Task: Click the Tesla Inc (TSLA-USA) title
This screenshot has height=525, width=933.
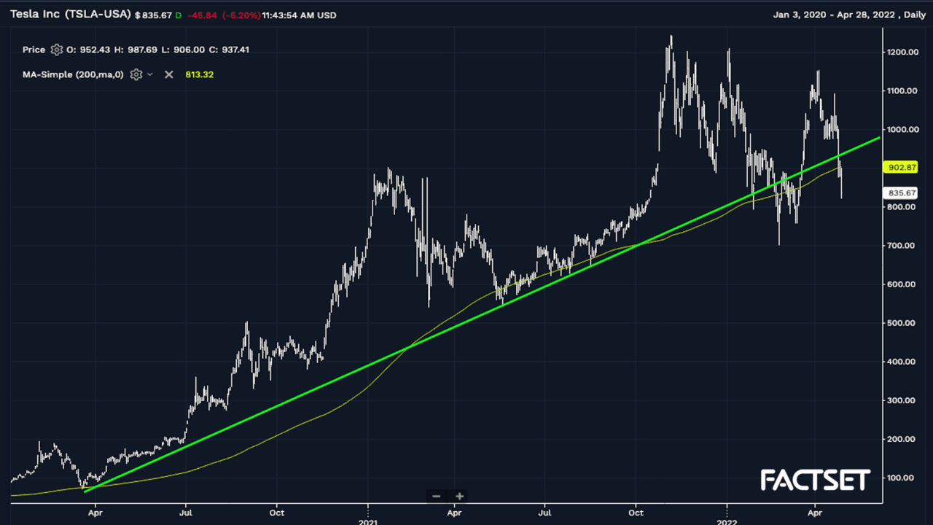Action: pos(71,14)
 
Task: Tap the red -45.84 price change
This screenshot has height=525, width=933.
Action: pos(205,15)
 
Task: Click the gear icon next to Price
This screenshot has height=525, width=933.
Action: pos(56,50)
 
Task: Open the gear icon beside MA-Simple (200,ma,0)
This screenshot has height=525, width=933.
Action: pos(136,74)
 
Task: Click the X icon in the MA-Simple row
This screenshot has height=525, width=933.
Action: pos(169,74)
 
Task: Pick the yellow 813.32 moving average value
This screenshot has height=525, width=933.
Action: pos(200,74)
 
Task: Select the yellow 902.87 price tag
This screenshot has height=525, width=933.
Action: pos(901,167)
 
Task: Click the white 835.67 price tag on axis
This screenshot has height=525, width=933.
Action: pos(901,192)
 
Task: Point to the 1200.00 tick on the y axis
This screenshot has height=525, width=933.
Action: pos(902,52)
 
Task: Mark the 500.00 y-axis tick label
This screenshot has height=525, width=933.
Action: pos(902,323)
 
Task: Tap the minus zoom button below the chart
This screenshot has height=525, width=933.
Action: pos(437,497)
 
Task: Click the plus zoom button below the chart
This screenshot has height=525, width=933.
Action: pos(459,497)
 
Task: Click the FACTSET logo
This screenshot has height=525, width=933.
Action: pos(815,480)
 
